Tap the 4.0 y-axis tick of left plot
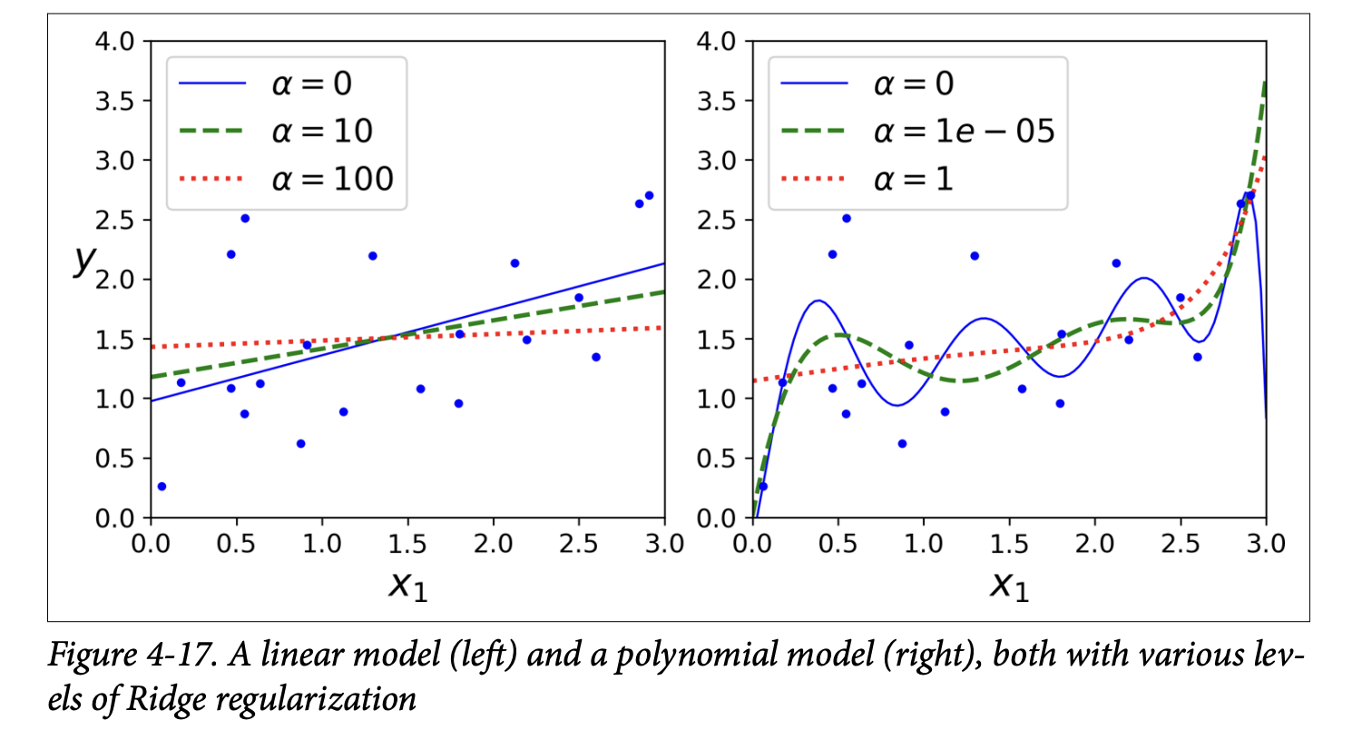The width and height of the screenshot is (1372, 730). pyautogui.click(x=114, y=42)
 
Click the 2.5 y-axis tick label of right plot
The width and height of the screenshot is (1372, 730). pyautogui.click(x=717, y=221)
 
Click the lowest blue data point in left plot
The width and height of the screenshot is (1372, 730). pyautogui.click(x=162, y=487)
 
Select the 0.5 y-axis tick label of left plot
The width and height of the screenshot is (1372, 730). pyautogui.click(x=114, y=459)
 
